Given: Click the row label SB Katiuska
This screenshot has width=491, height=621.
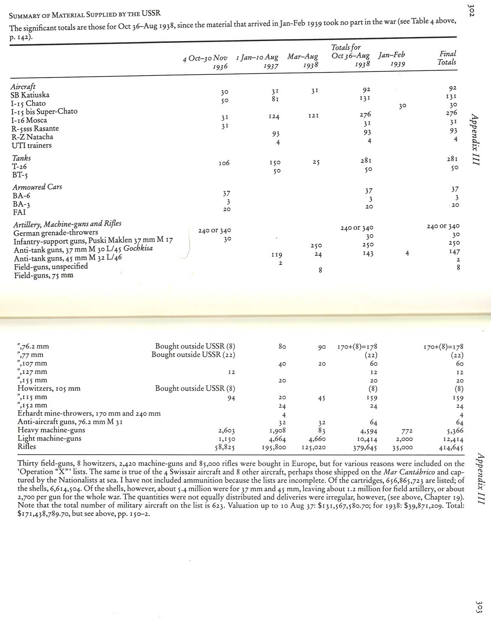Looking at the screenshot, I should coord(30,95).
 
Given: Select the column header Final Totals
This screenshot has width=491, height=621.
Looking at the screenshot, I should coord(447,58).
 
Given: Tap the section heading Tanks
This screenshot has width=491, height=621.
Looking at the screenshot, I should coord(21,158).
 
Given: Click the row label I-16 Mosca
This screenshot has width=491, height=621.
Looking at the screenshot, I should coord(29,120).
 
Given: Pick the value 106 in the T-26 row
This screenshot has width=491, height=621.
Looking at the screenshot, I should coord(224,163).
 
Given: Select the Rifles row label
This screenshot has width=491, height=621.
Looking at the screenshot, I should coord(27,446).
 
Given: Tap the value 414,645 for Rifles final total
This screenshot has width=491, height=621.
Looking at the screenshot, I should coord(451,448).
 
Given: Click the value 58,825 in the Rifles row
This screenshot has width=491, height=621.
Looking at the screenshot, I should coord(225,447).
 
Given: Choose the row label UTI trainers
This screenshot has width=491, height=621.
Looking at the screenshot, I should coord(31,145).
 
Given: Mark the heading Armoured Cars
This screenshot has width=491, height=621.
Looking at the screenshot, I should coord(37,187).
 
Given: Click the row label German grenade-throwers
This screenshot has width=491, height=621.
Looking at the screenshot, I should coord(56,233).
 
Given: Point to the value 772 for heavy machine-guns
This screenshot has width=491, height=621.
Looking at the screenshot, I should coord(406,431).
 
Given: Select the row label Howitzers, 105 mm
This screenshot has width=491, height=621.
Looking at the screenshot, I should coord(49,388).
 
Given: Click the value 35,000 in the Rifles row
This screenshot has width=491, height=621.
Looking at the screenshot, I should coord(402,448).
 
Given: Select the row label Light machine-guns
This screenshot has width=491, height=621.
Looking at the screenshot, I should coord(49,438).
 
